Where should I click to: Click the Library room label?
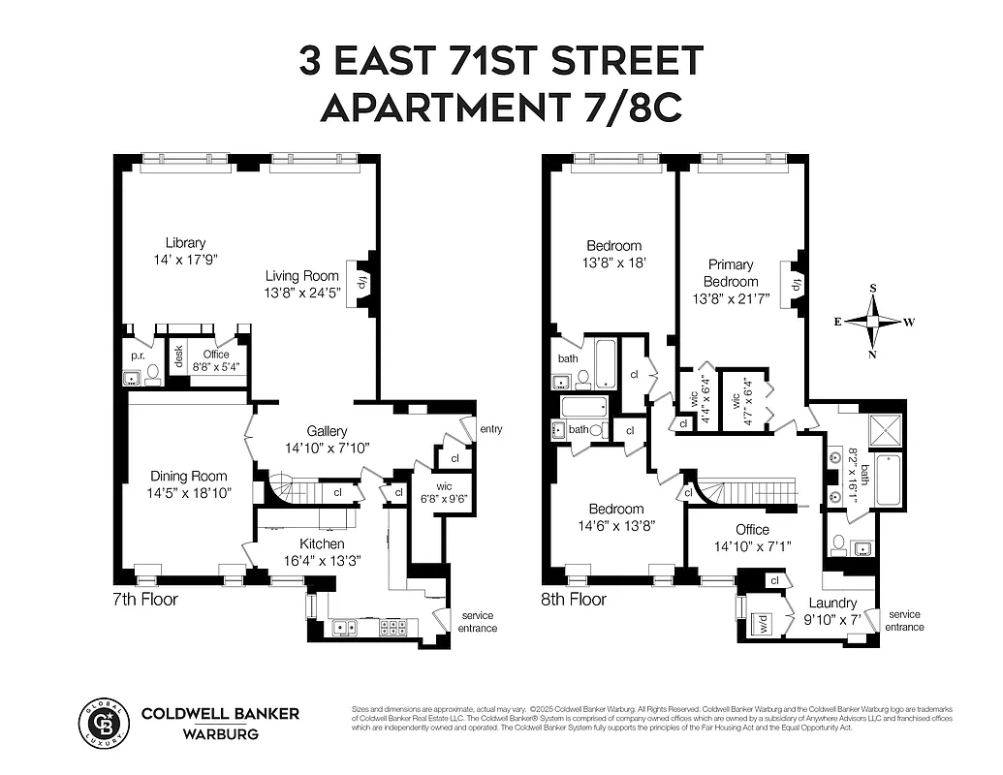tap(185, 243)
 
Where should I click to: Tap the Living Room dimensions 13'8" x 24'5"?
tap(303, 294)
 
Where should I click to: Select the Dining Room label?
tap(188, 476)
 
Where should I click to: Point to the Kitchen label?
tap(321, 544)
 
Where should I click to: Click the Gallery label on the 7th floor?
tap(327, 431)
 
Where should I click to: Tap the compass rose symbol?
tap(873, 322)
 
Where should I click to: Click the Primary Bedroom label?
tap(732, 272)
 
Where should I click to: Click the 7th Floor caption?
tap(145, 600)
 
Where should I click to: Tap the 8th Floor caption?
tap(574, 600)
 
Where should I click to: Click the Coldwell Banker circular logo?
tap(103, 722)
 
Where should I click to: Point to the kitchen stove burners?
tap(393, 627)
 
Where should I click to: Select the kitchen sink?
tap(344, 628)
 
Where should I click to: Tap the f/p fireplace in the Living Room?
tap(362, 283)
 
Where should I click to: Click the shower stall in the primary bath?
tap(886, 428)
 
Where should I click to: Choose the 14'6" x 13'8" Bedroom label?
tap(616, 517)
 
